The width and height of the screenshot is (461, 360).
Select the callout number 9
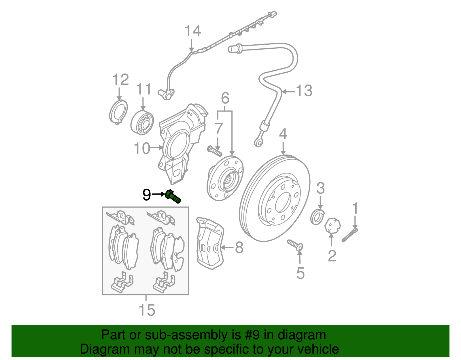click(x=147, y=195)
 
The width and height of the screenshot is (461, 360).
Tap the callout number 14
click(x=192, y=31)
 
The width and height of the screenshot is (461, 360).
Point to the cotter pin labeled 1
click(x=349, y=235)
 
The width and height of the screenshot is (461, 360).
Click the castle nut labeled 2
click(x=332, y=225)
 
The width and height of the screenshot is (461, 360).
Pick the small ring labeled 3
click(x=317, y=217)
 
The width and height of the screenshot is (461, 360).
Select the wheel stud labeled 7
click(x=214, y=151)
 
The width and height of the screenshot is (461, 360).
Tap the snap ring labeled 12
click(x=118, y=112)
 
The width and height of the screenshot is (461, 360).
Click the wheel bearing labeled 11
click(x=142, y=122)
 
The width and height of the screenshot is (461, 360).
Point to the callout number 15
click(x=147, y=310)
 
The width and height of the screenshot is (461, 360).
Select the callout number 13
click(x=304, y=91)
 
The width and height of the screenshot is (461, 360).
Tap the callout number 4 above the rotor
click(x=283, y=134)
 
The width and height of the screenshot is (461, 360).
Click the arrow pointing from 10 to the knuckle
click(x=157, y=148)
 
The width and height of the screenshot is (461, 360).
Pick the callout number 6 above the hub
click(x=225, y=98)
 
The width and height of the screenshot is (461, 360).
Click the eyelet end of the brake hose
click(x=258, y=142)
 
